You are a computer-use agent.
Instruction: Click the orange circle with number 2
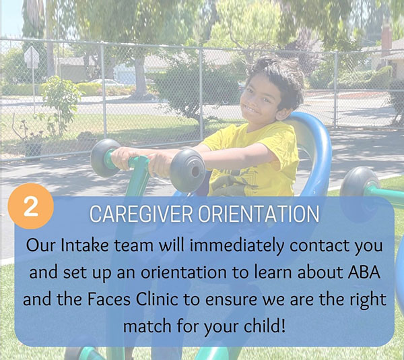click(31, 206)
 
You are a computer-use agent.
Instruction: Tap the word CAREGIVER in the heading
click(141, 214)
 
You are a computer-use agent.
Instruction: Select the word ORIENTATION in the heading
click(259, 214)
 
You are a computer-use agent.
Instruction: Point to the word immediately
click(237, 246)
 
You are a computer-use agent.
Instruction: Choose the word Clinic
click(157, 299)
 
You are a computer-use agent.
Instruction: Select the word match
click(147, 326)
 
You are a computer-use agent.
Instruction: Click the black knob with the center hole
click(188, 170)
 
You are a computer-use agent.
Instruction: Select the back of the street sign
click(32, 57)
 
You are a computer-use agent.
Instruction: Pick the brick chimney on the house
click(386, 38)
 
